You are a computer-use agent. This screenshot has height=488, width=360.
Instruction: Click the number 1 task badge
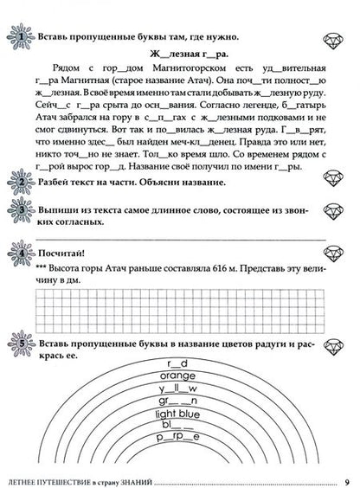[16, 37]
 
